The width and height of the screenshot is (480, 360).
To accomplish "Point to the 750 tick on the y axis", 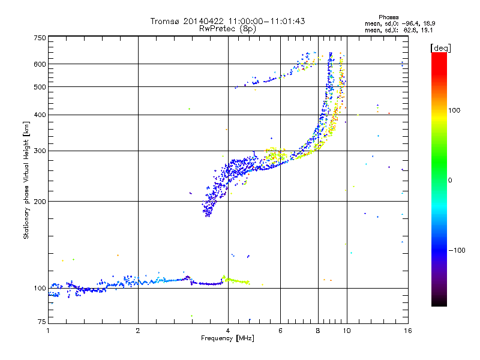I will [40, 38].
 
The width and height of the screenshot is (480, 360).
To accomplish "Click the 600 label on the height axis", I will [40, 64].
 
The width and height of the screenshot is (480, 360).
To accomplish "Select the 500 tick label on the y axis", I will [40, 87].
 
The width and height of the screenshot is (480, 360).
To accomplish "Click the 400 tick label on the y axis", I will [40, 115].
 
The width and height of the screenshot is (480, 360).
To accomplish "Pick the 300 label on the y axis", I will [40, 151].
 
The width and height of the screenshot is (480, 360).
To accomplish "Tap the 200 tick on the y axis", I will [40, 202].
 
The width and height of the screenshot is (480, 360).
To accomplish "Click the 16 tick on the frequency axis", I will [407, 331].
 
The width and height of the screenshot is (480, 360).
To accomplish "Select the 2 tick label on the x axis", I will [138, 331].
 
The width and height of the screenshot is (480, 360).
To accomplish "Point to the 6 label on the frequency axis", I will [280, 331].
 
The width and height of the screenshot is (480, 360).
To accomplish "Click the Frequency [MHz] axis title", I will [227, 338].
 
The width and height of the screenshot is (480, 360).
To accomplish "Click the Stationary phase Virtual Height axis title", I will [26, 180].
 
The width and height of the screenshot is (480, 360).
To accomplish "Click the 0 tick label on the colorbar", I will [450, 180].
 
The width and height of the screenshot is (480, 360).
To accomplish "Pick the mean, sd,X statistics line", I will [392, 29].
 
